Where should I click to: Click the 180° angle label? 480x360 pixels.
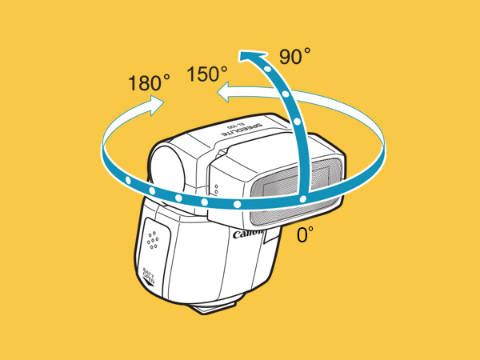149,82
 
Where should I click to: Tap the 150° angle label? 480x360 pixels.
208,74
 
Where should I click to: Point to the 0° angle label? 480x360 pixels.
305,234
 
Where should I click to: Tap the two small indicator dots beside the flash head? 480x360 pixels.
215,190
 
